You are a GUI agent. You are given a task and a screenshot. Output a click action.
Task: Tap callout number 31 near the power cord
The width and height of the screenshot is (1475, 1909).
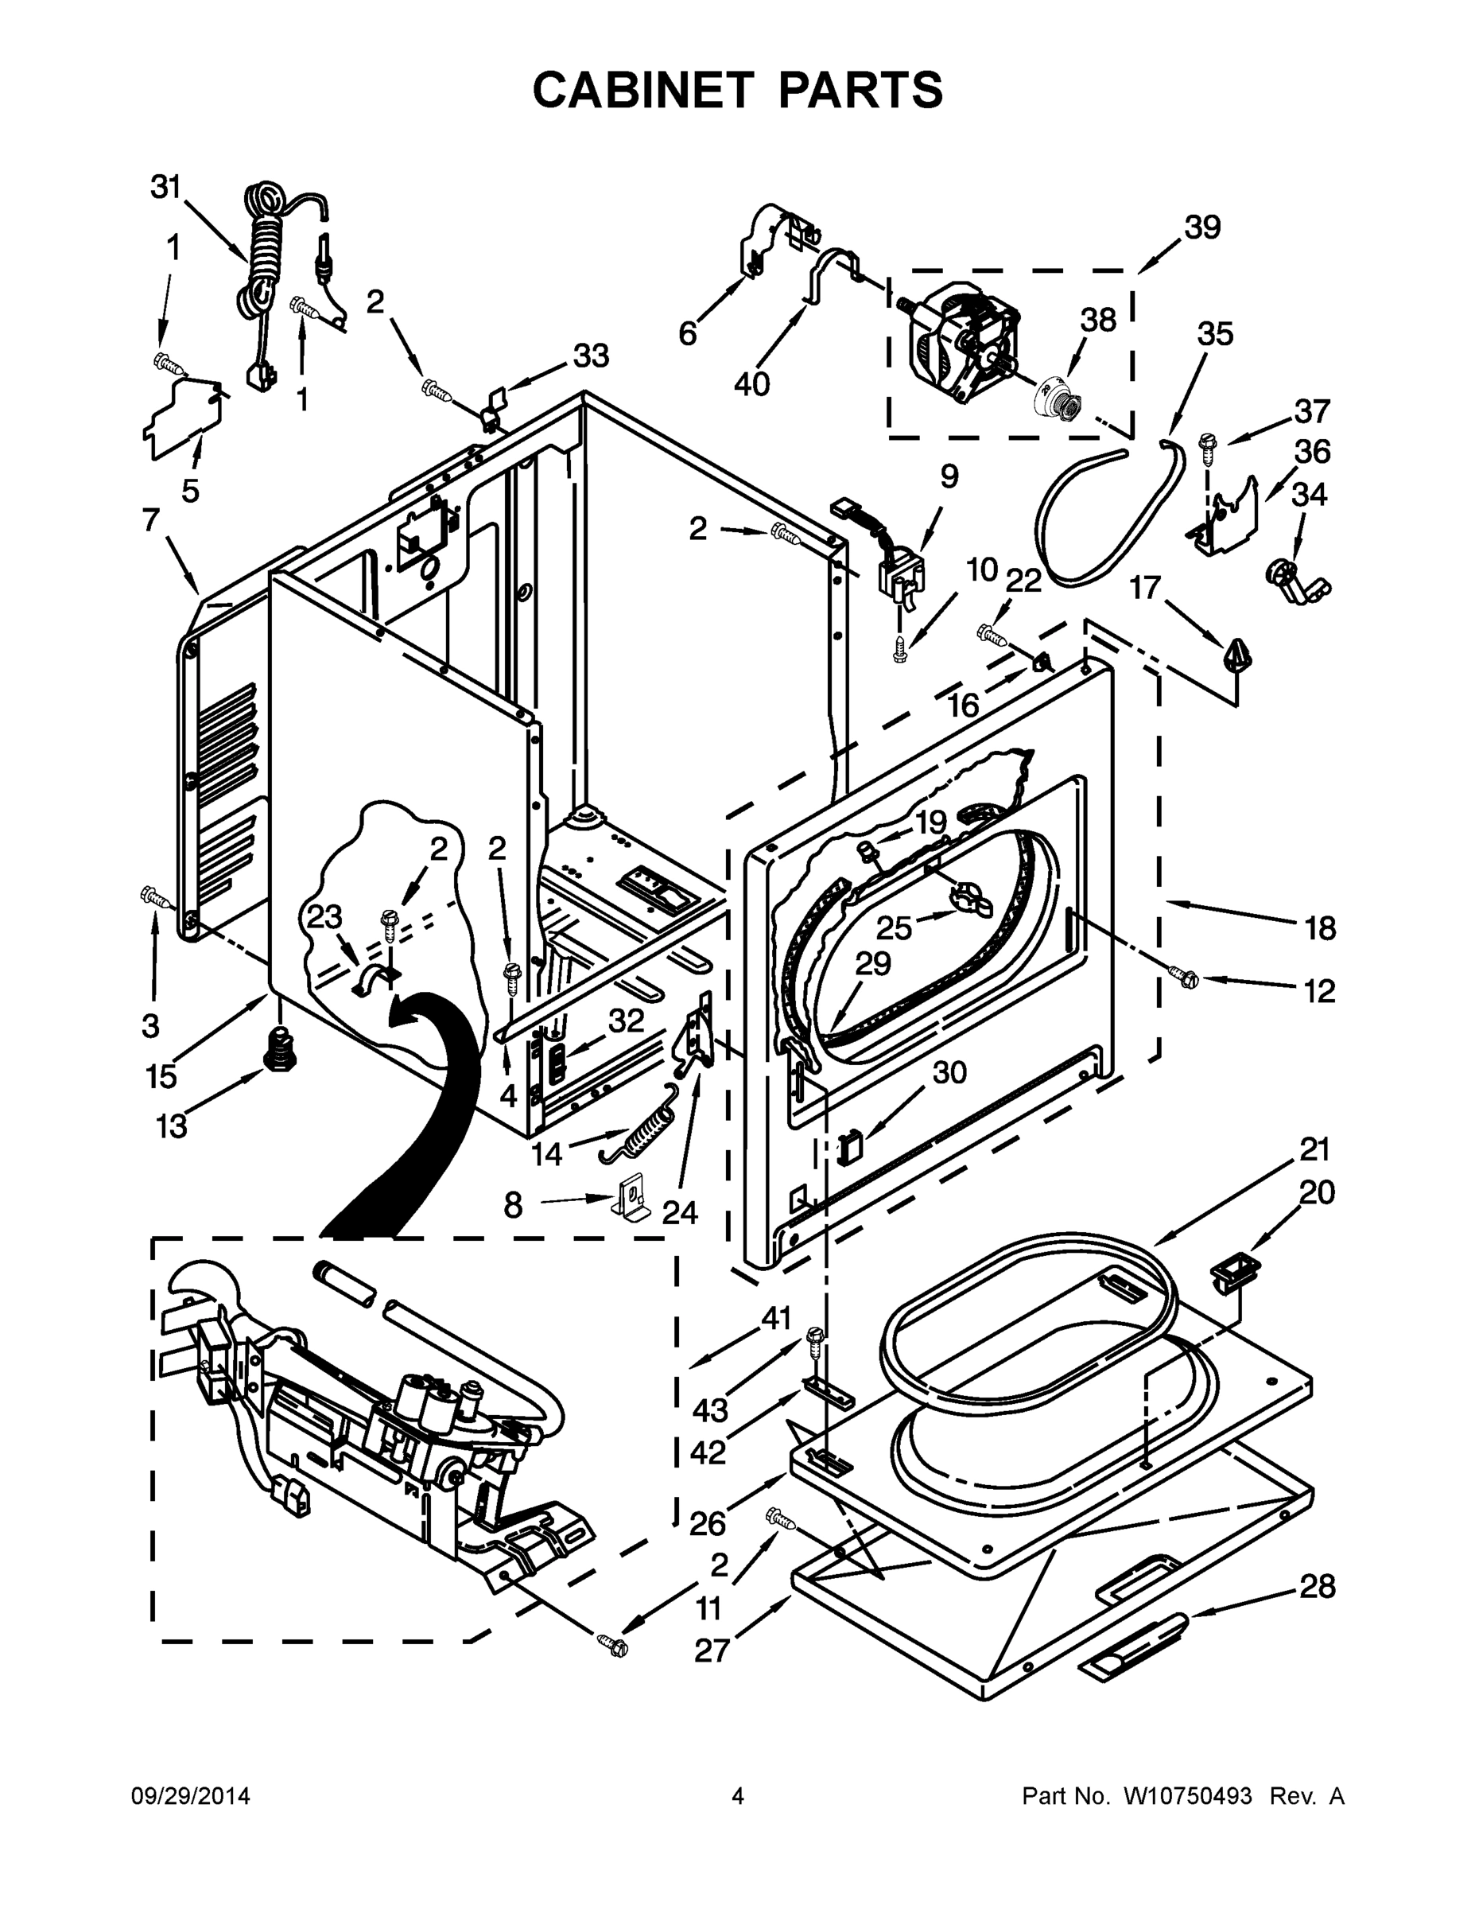pyautogui.click(x=165, y=187)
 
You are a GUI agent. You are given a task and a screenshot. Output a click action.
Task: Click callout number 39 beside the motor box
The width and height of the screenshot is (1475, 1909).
pyautogui.click(x=1202, y=227)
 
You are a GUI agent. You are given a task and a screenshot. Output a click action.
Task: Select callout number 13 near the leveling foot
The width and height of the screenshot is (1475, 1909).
pyautogui.click(x=172, y=1126)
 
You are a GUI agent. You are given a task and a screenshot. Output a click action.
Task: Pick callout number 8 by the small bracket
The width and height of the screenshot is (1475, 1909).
pyautogui.click(x=513, y=1205)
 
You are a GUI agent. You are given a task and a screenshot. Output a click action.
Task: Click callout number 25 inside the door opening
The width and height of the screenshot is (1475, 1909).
pyautogui.click(x=894, y=927)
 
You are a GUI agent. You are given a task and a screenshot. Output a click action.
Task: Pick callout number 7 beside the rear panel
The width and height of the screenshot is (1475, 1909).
pyautogui.click(x=150, y=520)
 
